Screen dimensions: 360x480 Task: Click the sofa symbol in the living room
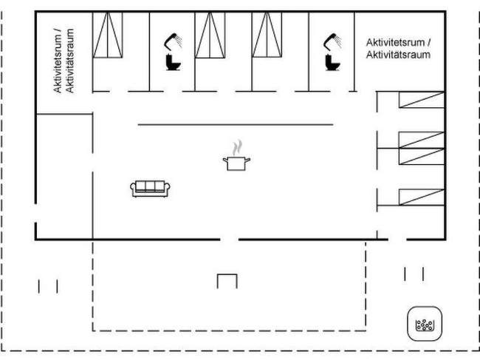(x=151, y=189)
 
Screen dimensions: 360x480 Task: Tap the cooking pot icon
(x=236, y=163)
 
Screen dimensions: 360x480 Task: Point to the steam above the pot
(x=236, y=146)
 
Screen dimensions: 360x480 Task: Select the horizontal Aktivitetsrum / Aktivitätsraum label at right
(x=398, y=50)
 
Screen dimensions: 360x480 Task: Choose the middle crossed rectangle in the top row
(x=210, y=35)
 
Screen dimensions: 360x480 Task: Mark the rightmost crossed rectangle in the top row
(x=267, y=35)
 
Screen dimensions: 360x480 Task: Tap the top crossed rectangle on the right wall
(x=422, y=100)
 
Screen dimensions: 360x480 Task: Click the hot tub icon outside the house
(x=425, y=323)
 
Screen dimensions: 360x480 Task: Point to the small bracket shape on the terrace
(x=227, y=281)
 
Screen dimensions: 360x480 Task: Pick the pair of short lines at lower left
(x=48, y=285)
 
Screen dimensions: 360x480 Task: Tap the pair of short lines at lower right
(x=414, y=274)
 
